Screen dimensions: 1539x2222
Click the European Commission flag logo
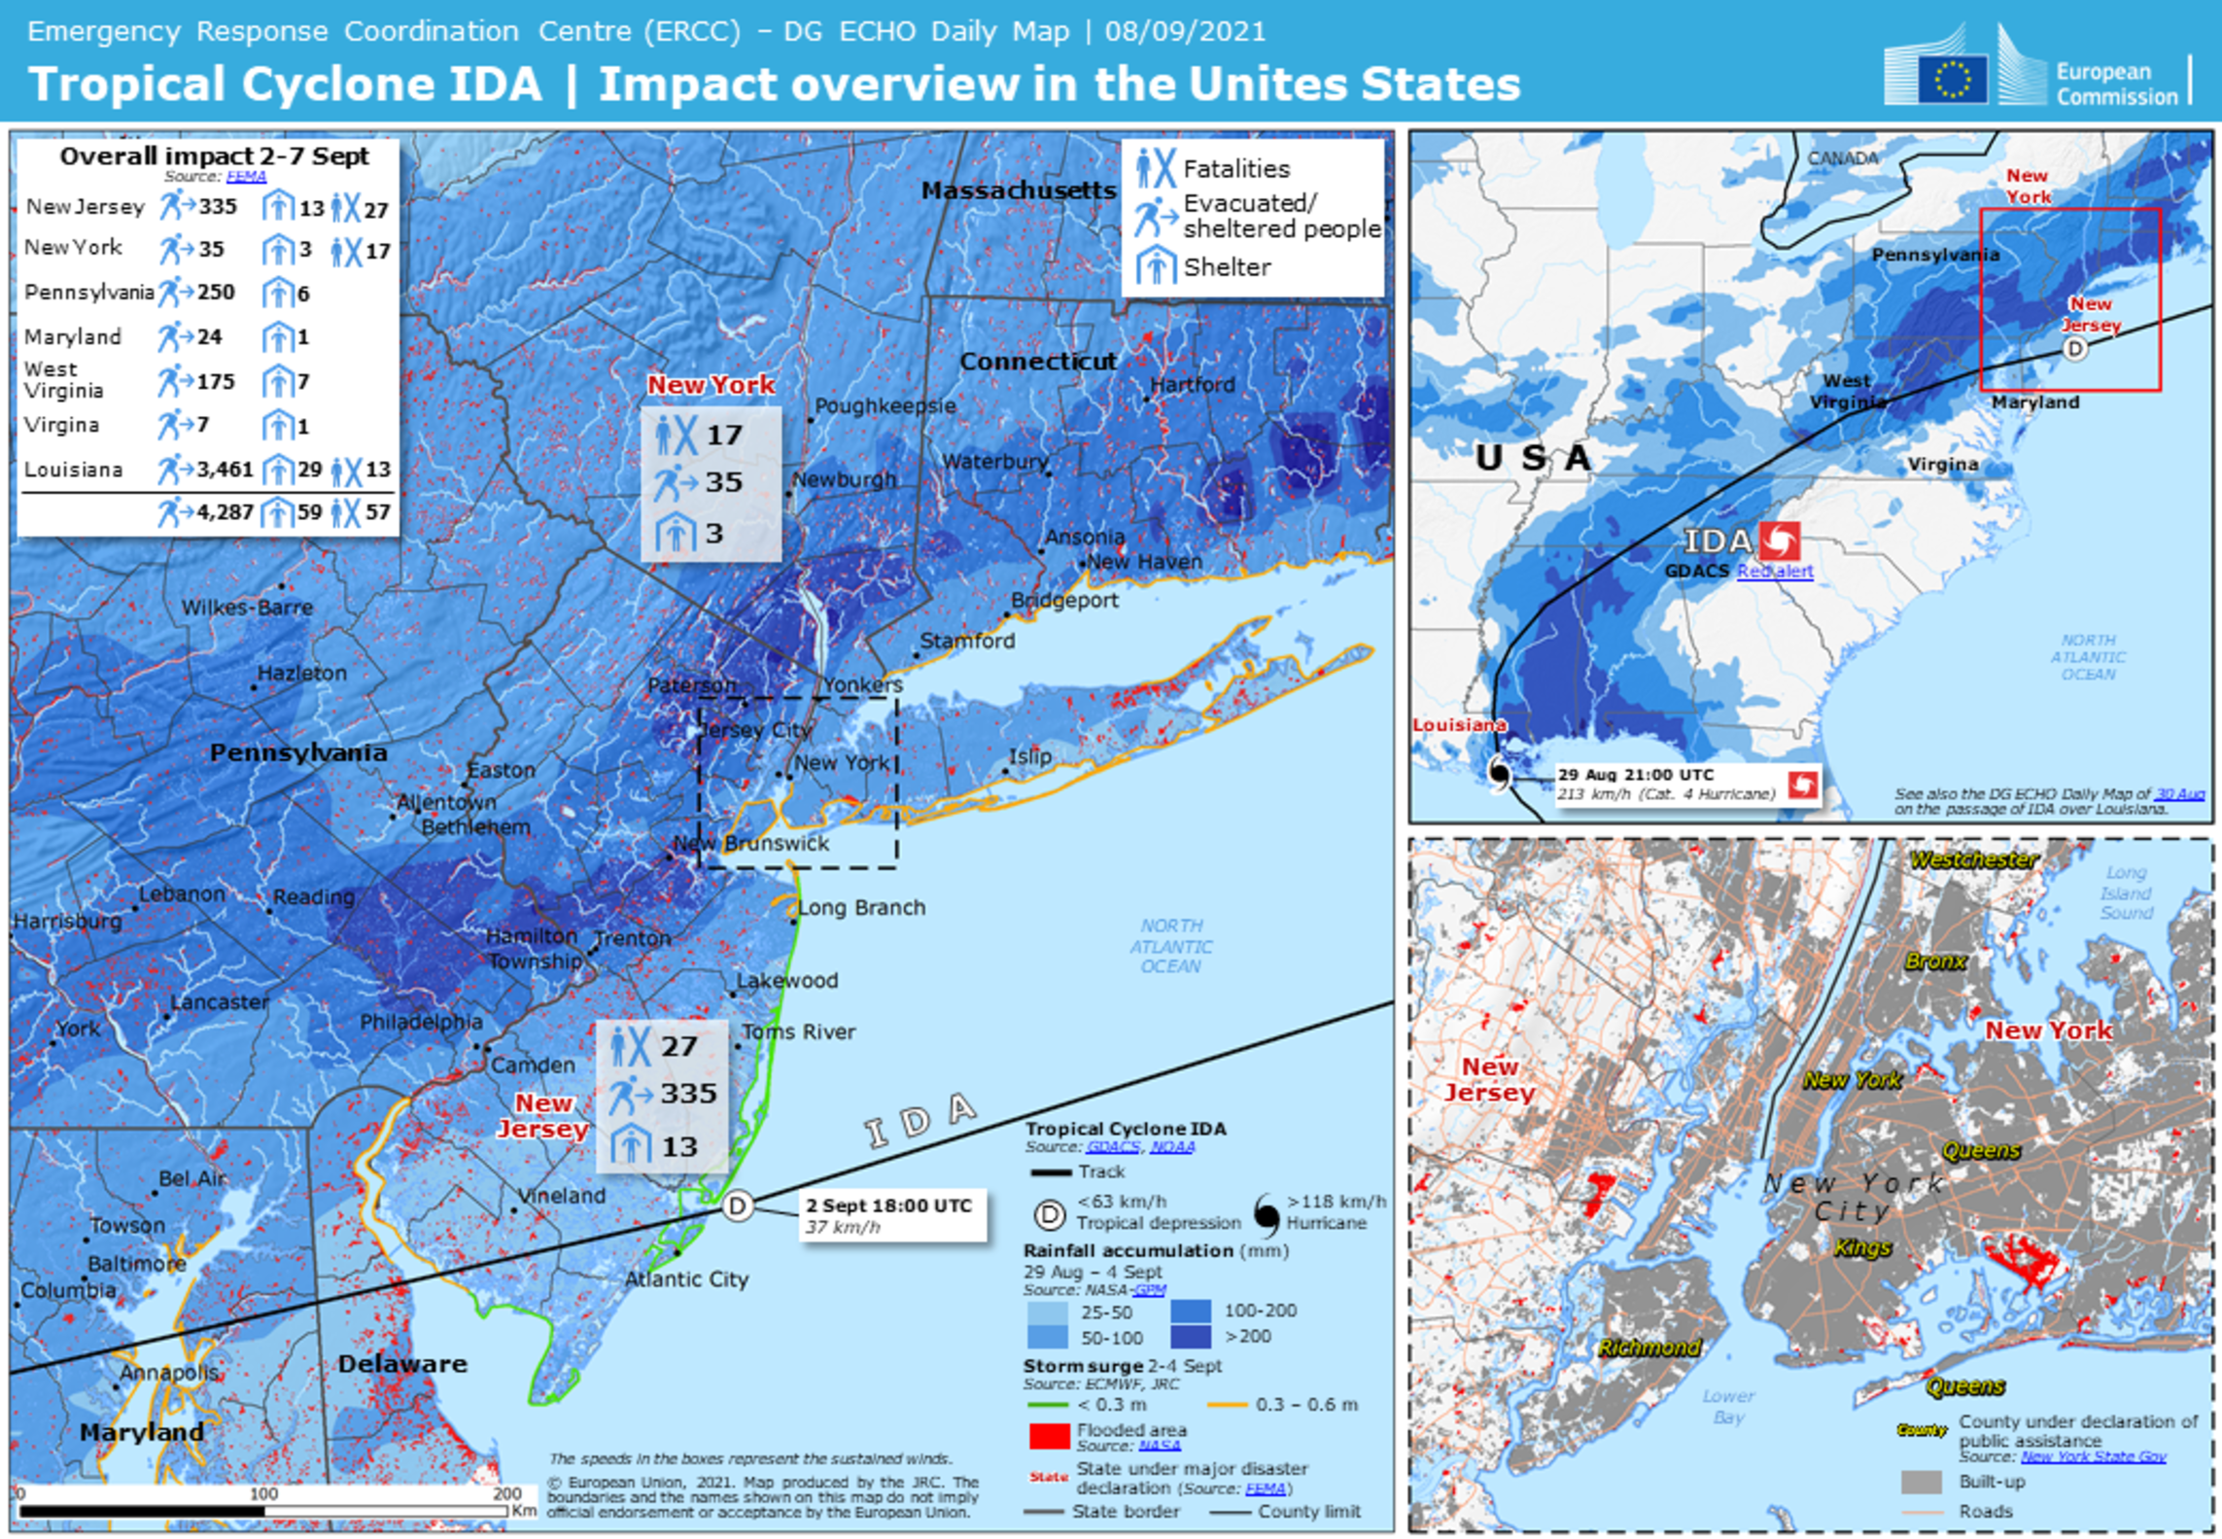(1951, 79)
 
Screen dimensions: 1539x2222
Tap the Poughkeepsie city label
(885, 405)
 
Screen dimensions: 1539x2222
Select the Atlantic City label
(686, 1278)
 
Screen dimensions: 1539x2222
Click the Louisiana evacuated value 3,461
(225, 470)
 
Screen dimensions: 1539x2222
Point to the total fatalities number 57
(378, 511)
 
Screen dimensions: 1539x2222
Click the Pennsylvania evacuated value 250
(216, 293)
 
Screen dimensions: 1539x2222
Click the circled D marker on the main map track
(738, 1207)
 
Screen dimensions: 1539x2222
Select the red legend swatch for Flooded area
(1049, 1436)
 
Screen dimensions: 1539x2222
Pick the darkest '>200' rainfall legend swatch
(1191, 1337)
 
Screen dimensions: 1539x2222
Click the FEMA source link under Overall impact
(246, 176)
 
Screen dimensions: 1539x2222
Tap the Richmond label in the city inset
(1649, 1347)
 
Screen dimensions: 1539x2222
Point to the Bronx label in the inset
(1935, 962)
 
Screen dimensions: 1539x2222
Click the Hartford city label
(1193, 384)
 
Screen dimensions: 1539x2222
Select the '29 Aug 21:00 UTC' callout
(1665, 784)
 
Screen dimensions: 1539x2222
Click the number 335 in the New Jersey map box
(688, 1093)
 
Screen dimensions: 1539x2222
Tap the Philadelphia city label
(421, 1021)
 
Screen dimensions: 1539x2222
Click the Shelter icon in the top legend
(1156, 265)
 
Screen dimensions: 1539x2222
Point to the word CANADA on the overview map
(1843, 157)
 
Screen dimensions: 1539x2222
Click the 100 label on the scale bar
(263, 1493)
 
